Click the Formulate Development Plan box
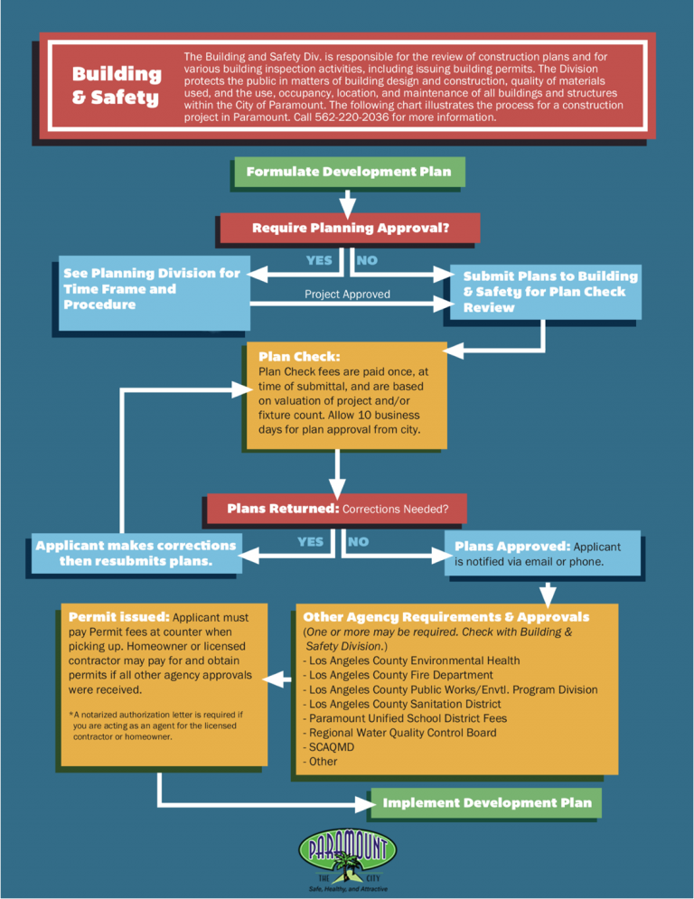click(348, 172)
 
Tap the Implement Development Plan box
click(487, 802)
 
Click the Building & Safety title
click(116, 85)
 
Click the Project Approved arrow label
click(347, 294)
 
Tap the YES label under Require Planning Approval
click(319, 260)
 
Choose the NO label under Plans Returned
click(358, 541)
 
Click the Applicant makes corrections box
click(136, 553)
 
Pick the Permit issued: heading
click(118, 617)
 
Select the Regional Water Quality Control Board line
click(401, 733)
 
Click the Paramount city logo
click(347, 859)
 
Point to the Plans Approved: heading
click(511, 547)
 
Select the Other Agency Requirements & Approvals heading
click(446, 617)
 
